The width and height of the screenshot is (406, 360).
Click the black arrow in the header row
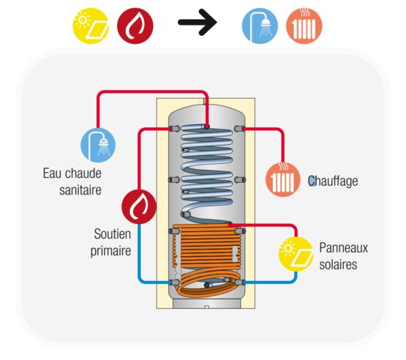198,22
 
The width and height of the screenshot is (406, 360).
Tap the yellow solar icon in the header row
91,26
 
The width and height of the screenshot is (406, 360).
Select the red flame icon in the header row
135,26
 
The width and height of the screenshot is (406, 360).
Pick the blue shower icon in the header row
260,26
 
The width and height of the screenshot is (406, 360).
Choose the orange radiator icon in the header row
304,26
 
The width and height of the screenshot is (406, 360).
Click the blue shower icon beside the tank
98,145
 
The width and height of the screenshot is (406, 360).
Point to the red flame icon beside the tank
139,206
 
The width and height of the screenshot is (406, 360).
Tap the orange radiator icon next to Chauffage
283,179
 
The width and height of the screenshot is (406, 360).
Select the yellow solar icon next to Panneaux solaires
296,254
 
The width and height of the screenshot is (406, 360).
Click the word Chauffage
333,181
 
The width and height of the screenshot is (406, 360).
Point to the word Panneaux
343,247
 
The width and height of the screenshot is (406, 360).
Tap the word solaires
338,264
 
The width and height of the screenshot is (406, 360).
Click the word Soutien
113,234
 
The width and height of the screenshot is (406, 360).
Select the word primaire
110,251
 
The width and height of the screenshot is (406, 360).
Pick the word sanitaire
80,190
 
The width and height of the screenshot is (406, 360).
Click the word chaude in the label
83,173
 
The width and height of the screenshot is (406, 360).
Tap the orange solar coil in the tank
208,259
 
